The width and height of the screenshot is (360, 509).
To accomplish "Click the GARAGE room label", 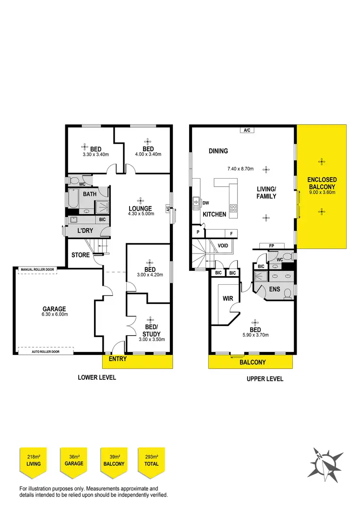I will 54,309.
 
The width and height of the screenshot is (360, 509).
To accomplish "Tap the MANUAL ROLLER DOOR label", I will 37,270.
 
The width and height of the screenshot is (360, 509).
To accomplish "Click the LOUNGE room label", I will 140,208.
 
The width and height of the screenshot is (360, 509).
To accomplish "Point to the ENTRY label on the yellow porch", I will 118,359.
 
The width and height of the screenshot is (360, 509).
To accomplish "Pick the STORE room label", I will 81,255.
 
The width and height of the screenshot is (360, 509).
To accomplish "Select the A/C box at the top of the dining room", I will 247,130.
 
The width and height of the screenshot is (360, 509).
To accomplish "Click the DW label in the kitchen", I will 205,203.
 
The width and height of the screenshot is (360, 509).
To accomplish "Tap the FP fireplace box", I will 271,246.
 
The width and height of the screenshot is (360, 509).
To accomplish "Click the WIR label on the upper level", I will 228,299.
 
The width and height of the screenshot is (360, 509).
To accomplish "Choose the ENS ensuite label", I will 275,289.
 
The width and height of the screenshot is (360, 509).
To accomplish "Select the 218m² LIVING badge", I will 33,461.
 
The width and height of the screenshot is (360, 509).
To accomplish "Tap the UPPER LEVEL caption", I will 265,379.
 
